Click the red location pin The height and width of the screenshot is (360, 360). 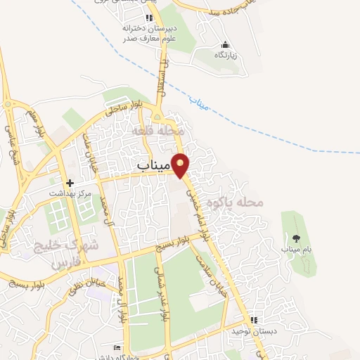181,164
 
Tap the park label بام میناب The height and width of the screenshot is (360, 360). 296,249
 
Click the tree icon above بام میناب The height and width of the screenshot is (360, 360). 296,238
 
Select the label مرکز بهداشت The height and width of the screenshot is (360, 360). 70,192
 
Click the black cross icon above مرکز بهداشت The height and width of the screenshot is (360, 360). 69,182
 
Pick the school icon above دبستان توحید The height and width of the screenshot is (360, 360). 253,320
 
